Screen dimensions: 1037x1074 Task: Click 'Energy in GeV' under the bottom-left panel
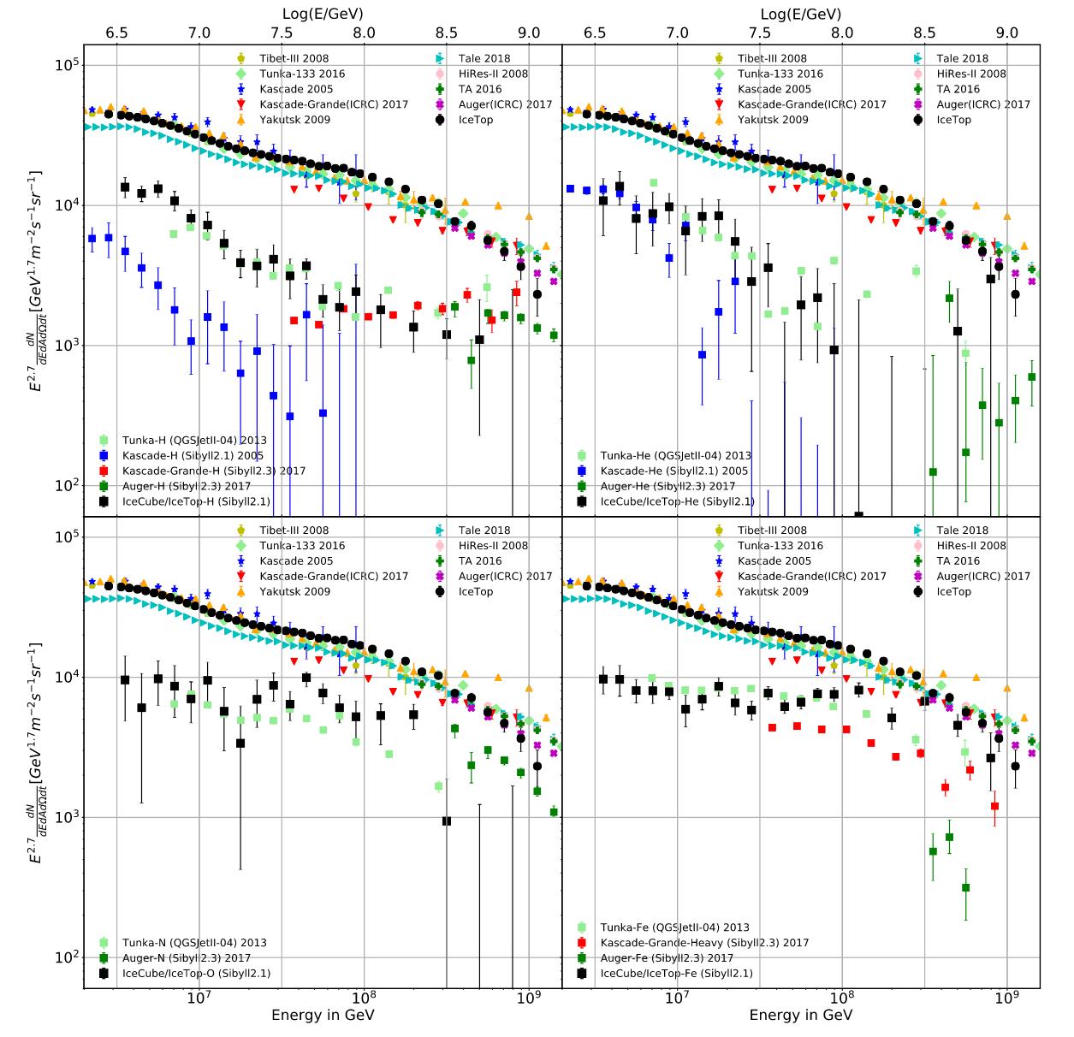(323, 1016)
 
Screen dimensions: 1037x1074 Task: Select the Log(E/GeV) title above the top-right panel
(801, 14)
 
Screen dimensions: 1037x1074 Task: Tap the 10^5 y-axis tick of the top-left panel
(67, 65)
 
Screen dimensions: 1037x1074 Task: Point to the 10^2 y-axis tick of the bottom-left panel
(67, 957)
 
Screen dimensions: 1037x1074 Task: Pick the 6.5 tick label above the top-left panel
(117, 33)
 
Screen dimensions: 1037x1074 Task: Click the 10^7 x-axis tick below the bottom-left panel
(199, 999)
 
